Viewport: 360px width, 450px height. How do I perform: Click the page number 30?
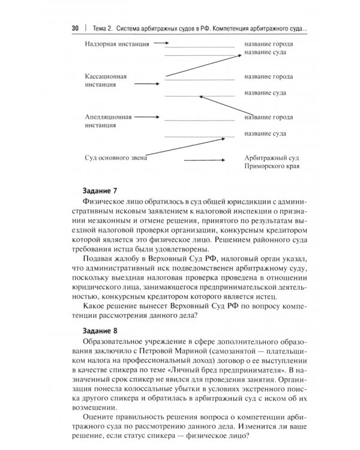75,28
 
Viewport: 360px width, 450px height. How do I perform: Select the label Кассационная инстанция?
108,81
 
